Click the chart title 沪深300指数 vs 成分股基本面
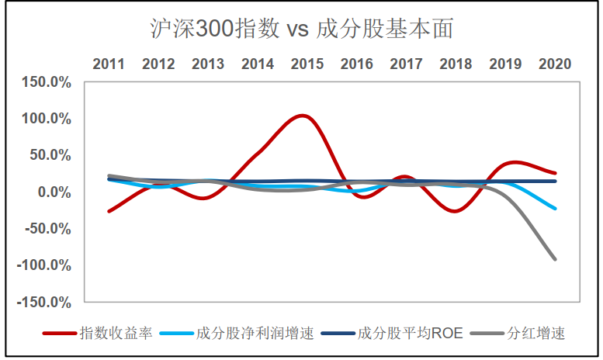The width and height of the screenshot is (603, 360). [x=302, y=29]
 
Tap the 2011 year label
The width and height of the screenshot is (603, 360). [x=109, y=64]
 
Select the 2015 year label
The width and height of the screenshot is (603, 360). [x=307, y=64]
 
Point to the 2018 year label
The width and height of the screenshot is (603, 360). [x=456, y=64]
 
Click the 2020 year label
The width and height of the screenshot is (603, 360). [x=554, y=64]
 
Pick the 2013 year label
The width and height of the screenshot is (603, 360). [x=208, y=64]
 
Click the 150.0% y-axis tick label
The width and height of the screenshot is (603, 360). [x=47, y=82]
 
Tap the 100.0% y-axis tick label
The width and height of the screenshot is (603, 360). [x=47, y=119]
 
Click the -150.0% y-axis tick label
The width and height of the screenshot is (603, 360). [x=46, y=302]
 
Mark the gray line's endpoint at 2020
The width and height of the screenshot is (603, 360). [x=555, y=259]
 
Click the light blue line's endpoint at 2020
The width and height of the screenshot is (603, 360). [x=555, y=208]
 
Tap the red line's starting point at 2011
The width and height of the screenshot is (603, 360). [x=109, y=211]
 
